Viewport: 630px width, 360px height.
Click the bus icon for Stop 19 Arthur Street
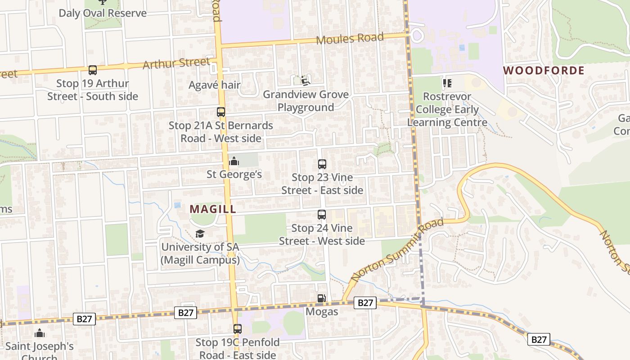[x=93, y=70]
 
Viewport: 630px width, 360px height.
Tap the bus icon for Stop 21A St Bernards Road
[x=221, y=112]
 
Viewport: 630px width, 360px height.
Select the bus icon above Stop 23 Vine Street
[x=322, y=164]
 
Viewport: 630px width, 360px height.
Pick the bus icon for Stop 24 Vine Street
[x=322, y=215]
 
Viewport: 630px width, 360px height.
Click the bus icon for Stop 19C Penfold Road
[x=237, y=329]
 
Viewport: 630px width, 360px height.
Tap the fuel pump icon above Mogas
[x=321, y=298]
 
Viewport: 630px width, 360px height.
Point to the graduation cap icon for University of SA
[x=200, y=234]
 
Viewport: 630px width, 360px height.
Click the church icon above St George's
[x=234, y=161]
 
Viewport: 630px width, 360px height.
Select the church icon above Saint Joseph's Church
[x=40, y=333]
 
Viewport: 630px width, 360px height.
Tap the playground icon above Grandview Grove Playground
[x=306, y=81]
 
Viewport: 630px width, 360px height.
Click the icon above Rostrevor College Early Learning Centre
[x=447, y=83]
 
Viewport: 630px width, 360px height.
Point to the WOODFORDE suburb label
[x=544, y=71]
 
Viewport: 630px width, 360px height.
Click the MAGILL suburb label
[x=213, y=209]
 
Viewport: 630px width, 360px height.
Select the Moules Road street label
[x=350, y=39]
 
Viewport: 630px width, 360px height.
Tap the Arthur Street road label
[x=176, y=63]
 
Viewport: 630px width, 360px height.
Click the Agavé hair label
[x=215, y=85]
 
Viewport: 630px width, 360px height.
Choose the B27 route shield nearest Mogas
[x=365, y=303]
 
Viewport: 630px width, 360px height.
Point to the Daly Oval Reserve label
[x=103, y=13]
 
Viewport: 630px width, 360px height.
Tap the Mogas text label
[x=322, y=311]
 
